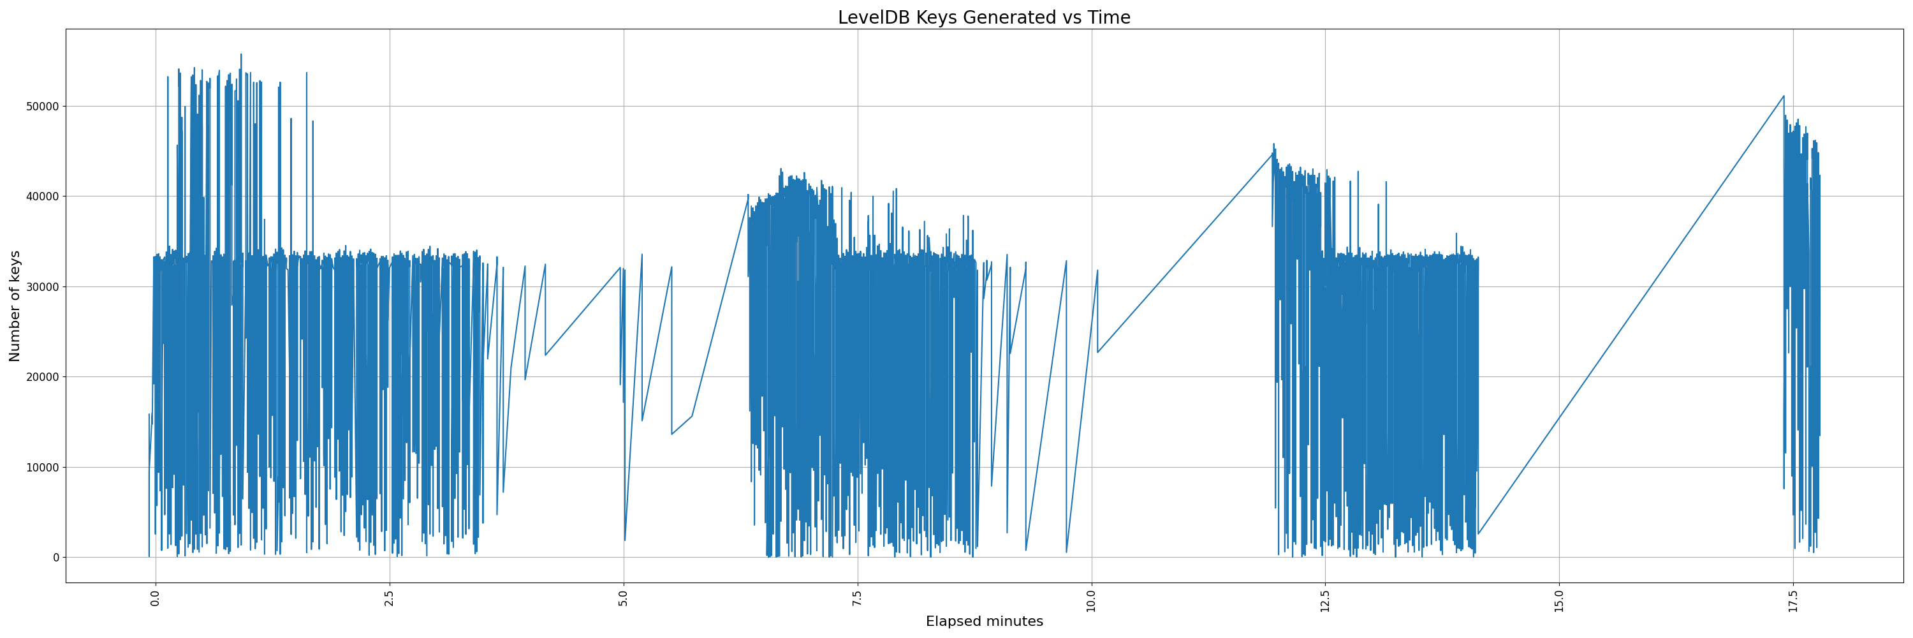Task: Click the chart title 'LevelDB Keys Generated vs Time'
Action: pyautogui.click(x=983, y=17)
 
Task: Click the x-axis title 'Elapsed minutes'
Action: pyautogui.click(x=983, y=621)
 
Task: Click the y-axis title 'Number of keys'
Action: pyautogui.click(x=15, y=306)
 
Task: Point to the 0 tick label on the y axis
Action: pyautogui.click(x=55, y=557)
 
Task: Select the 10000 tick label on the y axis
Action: pyautogui.click(x=42, y=467)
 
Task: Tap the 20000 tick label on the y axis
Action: pyautogui.click(x=42, y=376)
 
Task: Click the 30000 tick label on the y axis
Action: pyautogui.click(x=42, y=286)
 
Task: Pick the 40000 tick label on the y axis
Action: pyautogui.click(x=42, y=196)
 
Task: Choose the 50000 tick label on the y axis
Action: pyautogui.click(x=42, y=106)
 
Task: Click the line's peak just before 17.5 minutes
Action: pyautogui.click(x=1783, y=96)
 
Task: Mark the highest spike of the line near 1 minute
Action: pyautogui.click(x=240, y=54)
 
